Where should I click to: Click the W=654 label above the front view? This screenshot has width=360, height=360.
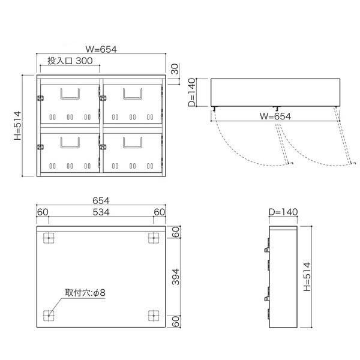pyautogui.click(x=101, y=49)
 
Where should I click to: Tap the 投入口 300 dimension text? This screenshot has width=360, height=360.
pyautogui.click(x=70, y=61)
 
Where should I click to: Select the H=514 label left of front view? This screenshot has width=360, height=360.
pyautogui.click(x=17, y=125)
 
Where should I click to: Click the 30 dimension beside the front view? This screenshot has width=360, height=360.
pyautogui.click(x=175, y=69)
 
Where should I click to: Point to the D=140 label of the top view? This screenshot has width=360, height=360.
pyautogui.click(x=192, y=92)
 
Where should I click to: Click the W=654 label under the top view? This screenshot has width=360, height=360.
pyautogui.click(x=275, y=116)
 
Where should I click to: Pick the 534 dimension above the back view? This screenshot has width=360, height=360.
pyautogui.click(x=101, y=212)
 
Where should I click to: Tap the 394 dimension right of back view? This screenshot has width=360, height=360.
pyautogui.click(x=176, y=277)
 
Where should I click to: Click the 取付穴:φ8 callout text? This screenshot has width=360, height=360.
pyautogui.click(x=85, y=293)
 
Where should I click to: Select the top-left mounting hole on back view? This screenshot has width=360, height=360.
pyautogui.click(x=49, y=238)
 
